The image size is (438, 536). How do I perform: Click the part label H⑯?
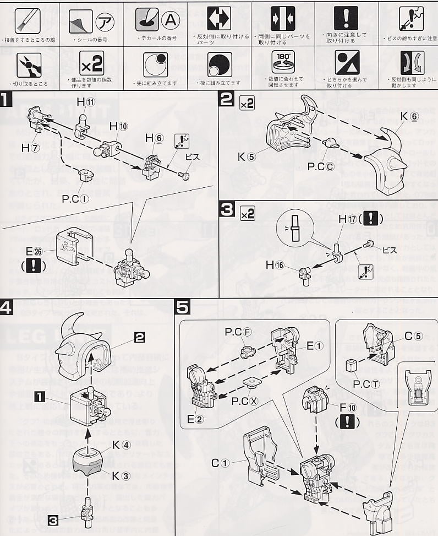coord(274,266)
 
